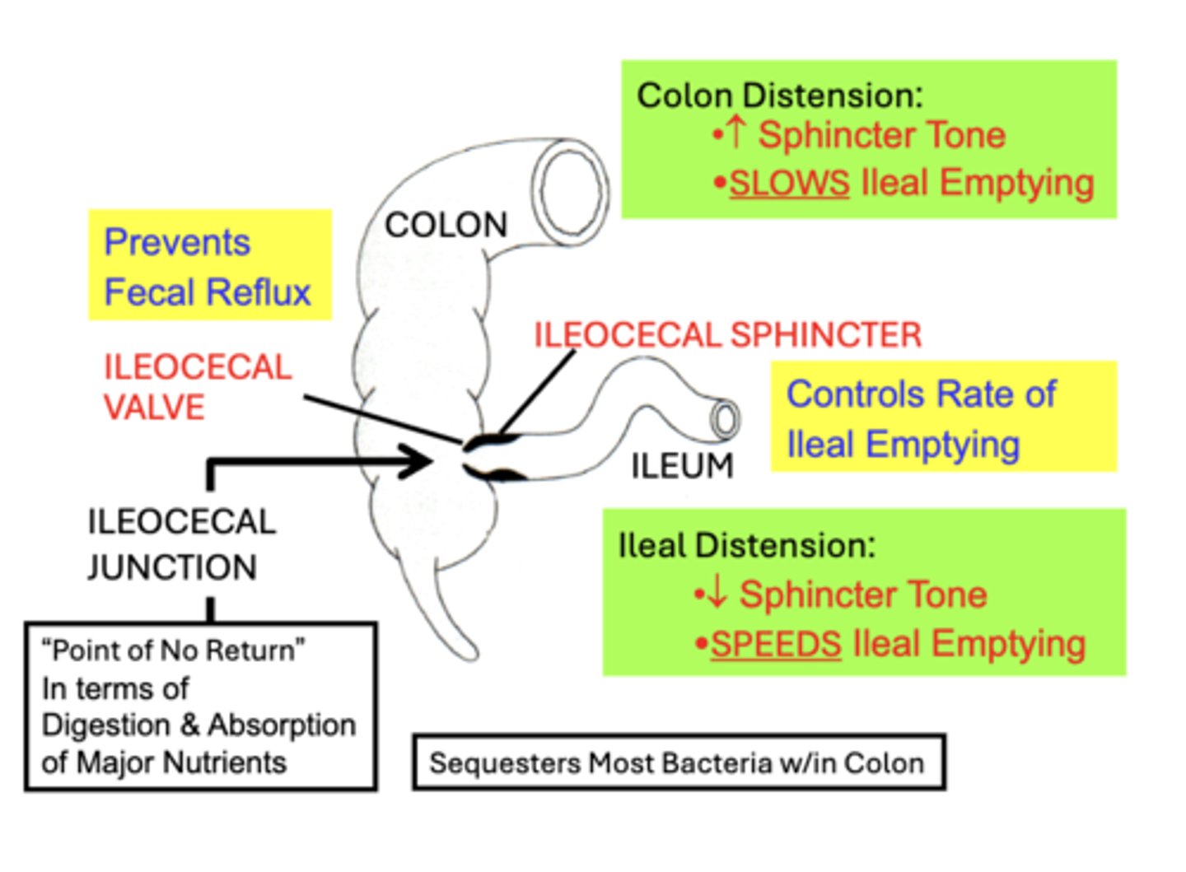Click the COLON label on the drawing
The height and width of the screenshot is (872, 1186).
pyautogui.click(x=446, y=225)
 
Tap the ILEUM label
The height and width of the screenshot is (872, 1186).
pyautogui.click(x=682, y=466)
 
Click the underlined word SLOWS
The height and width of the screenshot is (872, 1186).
pyautogui.click(x=788, y=183)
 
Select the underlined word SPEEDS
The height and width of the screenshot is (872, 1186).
pyautogui.click(x=775, y=644)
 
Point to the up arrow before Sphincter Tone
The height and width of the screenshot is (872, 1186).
pyautogui.click(x=736, y=133)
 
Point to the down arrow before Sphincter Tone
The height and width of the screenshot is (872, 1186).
pyautogui.click(x=717, y=593)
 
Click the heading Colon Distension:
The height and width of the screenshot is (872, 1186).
pyautogui.click(x=779, y=96)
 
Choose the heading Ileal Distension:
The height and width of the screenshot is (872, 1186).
pyautogui.click(x=746, y=545)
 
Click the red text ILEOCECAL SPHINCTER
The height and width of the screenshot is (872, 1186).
pyautogui.click(x=727, y=335)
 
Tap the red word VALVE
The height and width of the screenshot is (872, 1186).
pyautogui.click(x=154, y=408)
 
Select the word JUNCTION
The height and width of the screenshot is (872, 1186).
pyautogui.click(x=172, y=567)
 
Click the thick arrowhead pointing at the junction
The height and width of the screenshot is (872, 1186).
pyautogui.click(x=419, y=461)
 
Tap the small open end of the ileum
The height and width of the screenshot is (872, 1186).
pyautogui.click(x=724, y=419)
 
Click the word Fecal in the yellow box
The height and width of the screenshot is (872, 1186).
pyautogui.click(x=148, y=292)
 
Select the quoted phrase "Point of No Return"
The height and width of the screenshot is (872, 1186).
pyautogui.click(x=173, y=651)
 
